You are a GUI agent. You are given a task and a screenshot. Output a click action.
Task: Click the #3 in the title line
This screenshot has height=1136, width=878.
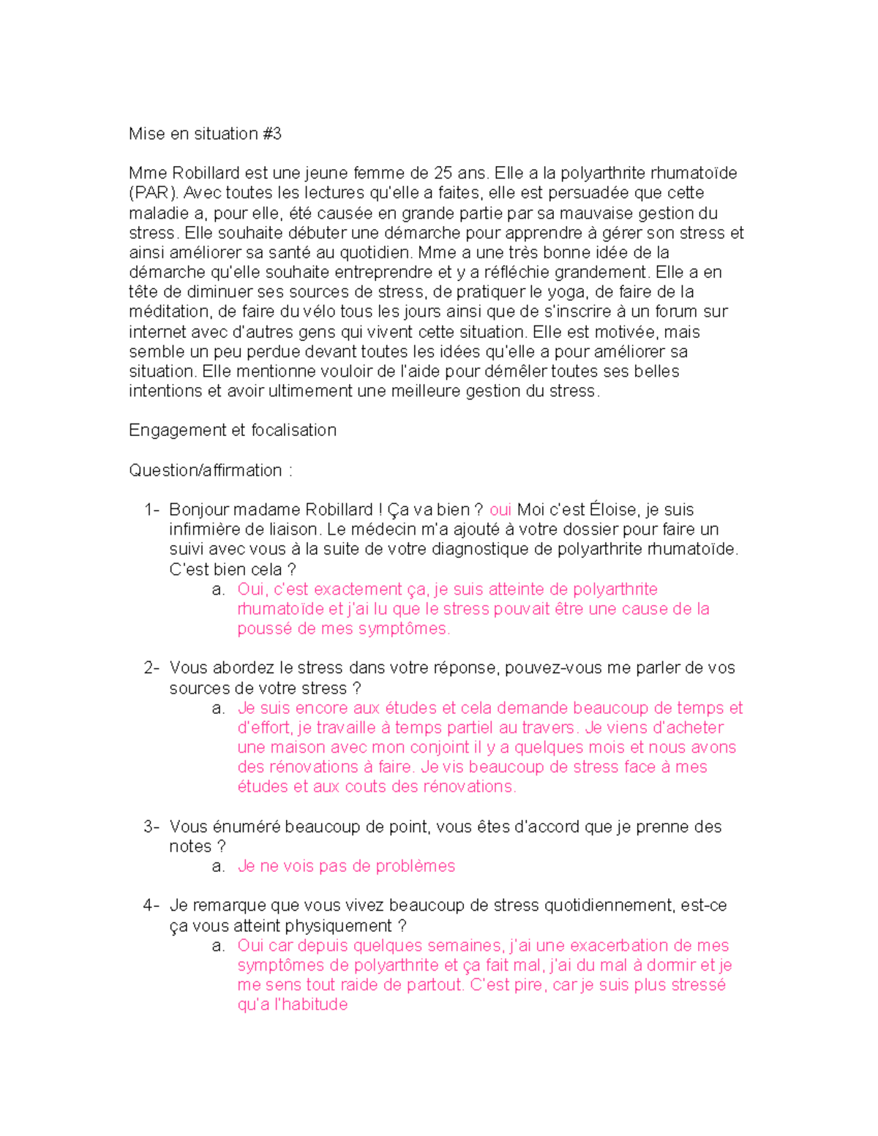pos(271,134)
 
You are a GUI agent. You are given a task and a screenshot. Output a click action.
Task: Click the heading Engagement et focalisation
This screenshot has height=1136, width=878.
pos(232,430)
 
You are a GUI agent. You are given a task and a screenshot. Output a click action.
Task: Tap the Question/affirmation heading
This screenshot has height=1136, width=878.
pos(206,470)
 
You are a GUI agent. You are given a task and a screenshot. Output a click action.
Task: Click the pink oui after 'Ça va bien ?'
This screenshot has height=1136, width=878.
pos(500,510)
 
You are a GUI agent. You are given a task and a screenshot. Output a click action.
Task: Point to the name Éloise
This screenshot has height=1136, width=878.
pos(613,510)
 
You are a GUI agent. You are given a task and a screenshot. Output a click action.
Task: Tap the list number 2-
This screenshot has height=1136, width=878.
pos(151,668)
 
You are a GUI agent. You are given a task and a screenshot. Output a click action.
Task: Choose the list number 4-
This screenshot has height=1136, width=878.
pos(151,906)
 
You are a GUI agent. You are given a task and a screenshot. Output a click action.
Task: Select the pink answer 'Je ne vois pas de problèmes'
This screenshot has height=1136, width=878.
pos(346,866)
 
